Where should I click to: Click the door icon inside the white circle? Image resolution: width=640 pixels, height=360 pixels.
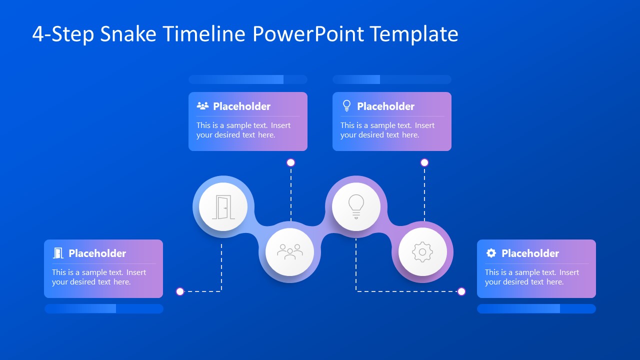(x=223, y=207)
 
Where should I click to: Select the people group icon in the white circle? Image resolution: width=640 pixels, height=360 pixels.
(x=289, y=252)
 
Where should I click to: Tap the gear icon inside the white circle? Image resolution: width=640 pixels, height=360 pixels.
(x=422, y=252)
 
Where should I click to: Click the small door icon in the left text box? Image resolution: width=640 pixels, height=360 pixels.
(x=58, y=253)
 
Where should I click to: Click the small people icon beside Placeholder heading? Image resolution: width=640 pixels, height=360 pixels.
(x=202, y=106)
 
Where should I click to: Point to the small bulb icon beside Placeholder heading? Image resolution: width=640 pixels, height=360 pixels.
(x=346, y=106)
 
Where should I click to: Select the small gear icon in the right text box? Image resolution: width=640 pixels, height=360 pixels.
(x=491, y=253)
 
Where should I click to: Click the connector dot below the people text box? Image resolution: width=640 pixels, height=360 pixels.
(x=290, y=162)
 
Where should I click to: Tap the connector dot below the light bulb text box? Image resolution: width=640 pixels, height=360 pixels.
(x=424, y=162)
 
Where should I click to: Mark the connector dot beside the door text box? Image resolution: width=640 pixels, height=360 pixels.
(x=180, y=291)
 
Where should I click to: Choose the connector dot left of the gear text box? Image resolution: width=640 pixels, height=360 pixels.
(x=461, y=291)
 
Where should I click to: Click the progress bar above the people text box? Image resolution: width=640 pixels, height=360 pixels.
(x=247, y=79)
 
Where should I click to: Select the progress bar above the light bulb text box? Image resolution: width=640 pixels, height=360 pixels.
(x=391, y=79)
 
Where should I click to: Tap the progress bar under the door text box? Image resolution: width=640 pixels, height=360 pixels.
(x=103, y=309)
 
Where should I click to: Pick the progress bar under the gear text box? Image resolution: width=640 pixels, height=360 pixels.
(x=536, y=309)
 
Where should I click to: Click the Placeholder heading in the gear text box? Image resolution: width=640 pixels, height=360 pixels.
(x=530, y=253)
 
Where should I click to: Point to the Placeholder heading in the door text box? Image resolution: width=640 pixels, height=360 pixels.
(x=97, y=253)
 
